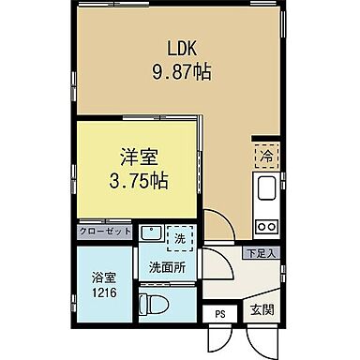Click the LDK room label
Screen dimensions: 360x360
[183, 48]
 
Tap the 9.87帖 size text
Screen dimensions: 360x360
[183, 69]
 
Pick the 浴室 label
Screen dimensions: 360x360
[104, 277]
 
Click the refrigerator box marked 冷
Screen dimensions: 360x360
[266, 154]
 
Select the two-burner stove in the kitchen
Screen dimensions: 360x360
[266, 226]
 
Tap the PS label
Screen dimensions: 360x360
[220, 314]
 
